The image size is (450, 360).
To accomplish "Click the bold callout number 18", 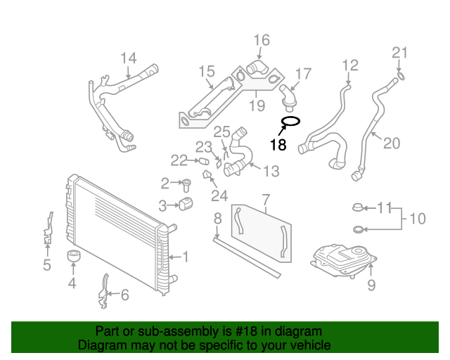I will (278, 145).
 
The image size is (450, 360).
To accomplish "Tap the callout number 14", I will (129, 58).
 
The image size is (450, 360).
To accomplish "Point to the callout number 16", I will (261, 39).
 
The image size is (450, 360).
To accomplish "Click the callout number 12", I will (350, 66).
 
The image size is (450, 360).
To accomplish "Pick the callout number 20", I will (391, 143).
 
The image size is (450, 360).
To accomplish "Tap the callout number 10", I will (417, 219).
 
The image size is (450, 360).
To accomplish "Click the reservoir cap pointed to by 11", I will (358, 208).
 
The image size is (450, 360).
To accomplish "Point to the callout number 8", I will (218, 218).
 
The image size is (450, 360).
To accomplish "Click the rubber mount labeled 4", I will (72, 257).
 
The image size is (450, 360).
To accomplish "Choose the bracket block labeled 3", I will (186, 205).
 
